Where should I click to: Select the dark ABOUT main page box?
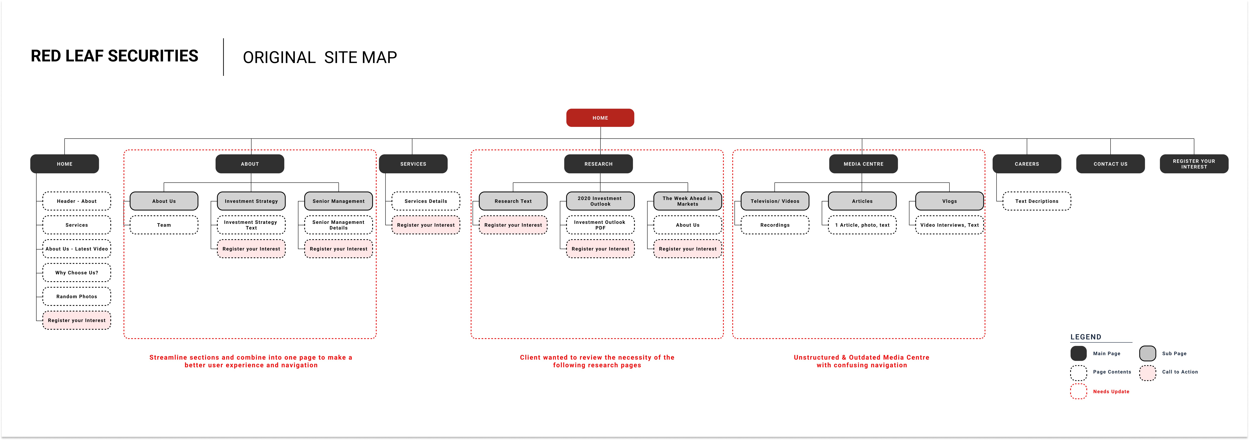point(250,164)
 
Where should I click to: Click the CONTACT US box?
point(1110,164)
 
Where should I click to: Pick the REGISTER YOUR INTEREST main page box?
point(1194,164)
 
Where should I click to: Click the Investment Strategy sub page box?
point(251,201)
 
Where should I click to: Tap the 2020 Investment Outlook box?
point(600,201)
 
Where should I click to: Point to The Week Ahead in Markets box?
point(687,201)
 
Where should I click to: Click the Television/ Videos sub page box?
point(775,201)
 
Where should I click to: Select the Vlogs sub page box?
point(949,201)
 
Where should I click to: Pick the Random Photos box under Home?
point(77,296)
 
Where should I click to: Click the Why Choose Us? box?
point(77,273)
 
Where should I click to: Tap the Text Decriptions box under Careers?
point(1037,201)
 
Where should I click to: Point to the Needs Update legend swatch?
point(1078,392)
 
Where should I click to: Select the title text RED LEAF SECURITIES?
point(114,56)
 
